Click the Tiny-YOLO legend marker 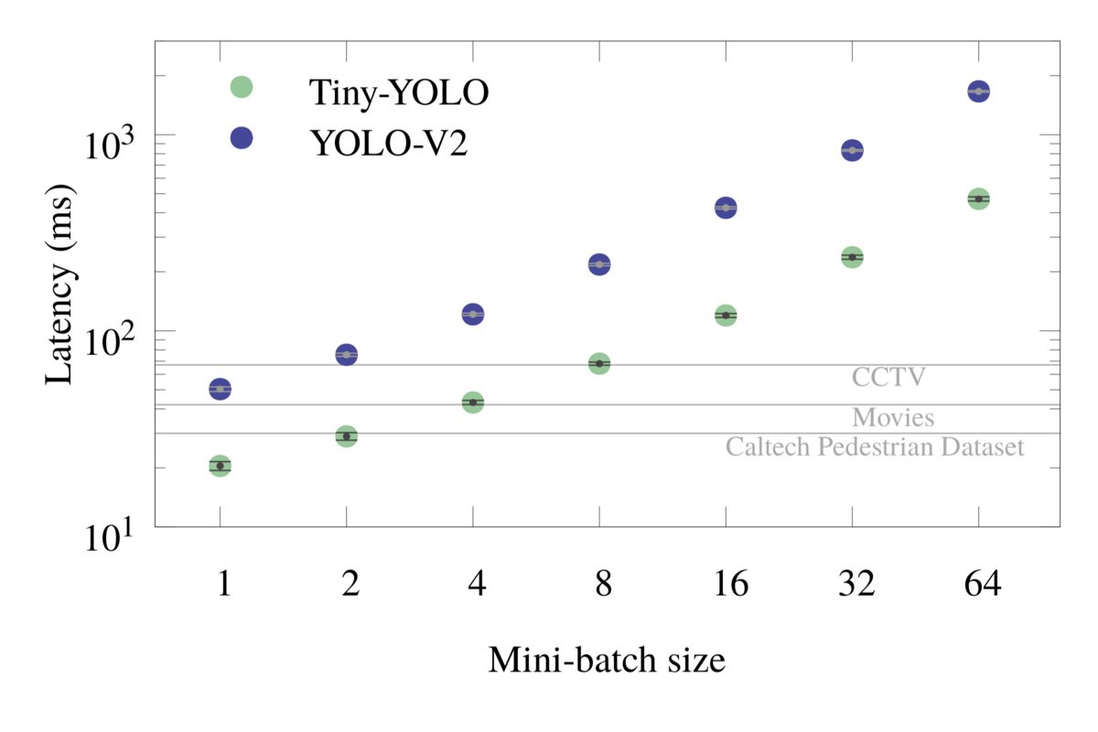point(241,87)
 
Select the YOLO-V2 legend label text point(388,142)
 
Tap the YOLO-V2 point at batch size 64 point(978,91)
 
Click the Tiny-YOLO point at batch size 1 point(220,466)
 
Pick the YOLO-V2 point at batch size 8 point(599,264)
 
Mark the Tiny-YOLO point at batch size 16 point(726,315)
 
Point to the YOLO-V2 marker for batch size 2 point(346,354)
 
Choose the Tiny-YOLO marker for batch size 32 point(852,257)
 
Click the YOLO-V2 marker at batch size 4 point(473,314)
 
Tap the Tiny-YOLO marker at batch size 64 point(978,199)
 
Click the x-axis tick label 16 point(726,584)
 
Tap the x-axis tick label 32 point(852,584)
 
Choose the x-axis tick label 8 point(599,584)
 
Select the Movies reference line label point(893,418)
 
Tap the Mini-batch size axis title point(607,659)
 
